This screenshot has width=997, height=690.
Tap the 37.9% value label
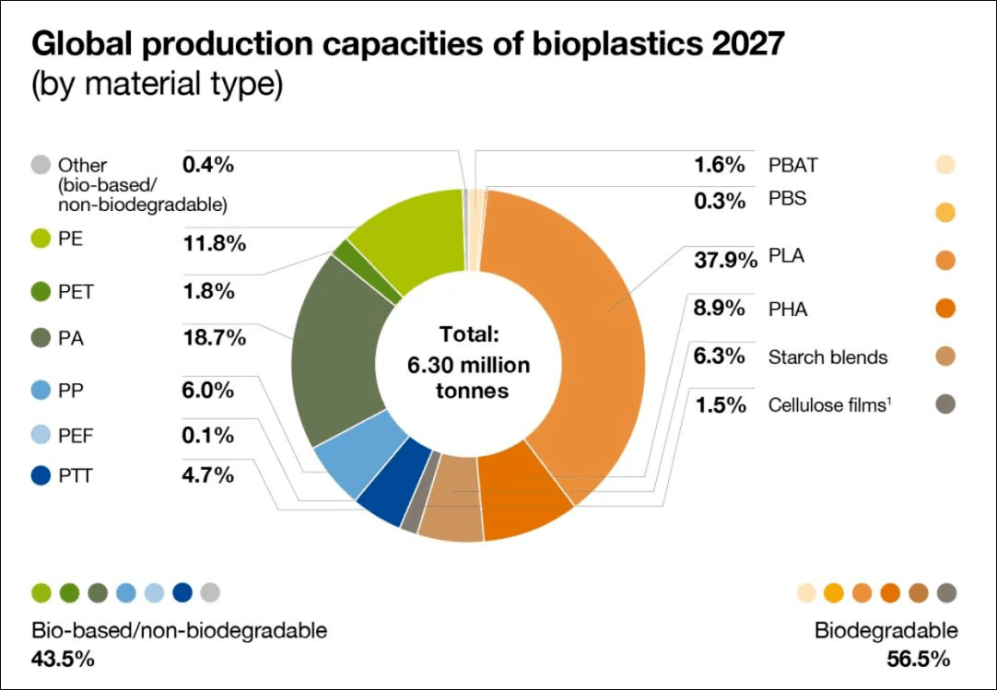725,260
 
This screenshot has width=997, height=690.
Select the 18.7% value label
215,338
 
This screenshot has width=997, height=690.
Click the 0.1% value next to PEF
208,436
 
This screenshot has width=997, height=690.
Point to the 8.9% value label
719,309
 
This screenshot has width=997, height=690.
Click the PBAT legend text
792,165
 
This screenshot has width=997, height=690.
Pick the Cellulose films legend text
830,405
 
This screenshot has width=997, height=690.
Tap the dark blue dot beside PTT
41,475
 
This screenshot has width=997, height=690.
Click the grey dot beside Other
41,165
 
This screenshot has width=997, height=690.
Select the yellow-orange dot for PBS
945,213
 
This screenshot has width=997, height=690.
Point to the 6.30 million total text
469,365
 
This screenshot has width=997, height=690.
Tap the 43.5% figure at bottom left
63,659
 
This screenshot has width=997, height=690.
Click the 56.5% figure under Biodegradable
918,659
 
